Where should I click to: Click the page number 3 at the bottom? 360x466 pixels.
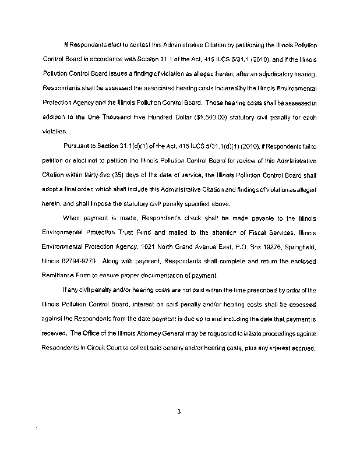pos(179,412)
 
